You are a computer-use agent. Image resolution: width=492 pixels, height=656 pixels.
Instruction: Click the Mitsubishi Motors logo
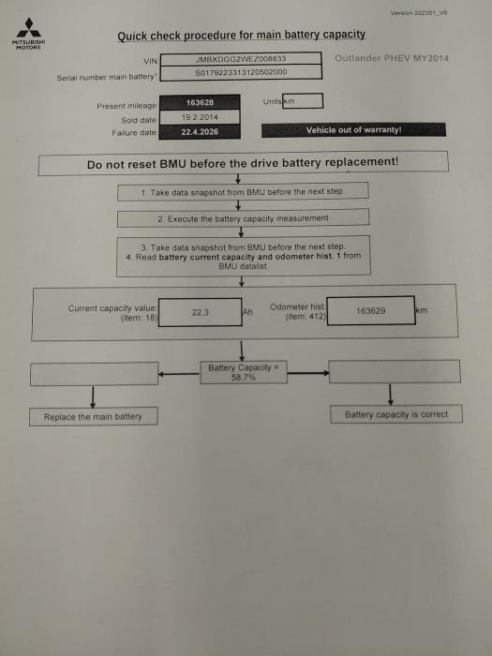click(x=28, y=34)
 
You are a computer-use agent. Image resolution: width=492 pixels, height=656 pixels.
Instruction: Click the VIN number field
click(x=241, y=59)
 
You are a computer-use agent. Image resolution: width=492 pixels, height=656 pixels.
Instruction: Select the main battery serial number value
click(x=241, y=72)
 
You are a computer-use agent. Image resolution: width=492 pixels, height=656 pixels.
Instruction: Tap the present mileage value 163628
click(x=200, y=102)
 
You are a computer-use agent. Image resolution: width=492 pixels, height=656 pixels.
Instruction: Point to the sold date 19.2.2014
click(x=200, y=117)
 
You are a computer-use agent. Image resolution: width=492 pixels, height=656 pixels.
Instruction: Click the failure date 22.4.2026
click(x=200, y=132)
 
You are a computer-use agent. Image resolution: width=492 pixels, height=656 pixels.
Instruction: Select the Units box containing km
click(x=303, y=101)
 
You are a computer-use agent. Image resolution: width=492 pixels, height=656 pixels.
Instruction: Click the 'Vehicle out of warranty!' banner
click(x=353, y=130)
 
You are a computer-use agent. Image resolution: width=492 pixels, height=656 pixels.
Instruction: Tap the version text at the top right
click(x=419, y=13)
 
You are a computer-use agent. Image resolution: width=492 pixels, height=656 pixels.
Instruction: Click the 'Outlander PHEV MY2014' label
click(x=392, y=58)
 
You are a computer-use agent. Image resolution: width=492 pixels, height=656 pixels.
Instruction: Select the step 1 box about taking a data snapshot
click(x=243, y=192)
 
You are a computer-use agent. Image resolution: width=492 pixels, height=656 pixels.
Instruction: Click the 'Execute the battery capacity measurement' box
click(x=243, y=218)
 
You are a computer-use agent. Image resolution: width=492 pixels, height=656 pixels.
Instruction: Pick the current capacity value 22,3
click(x=200, y=312)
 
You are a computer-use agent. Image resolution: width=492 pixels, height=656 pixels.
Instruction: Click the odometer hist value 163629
click(x=371, y=311)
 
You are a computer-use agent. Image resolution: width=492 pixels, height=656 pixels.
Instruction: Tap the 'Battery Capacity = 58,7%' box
click(x=244, y=372)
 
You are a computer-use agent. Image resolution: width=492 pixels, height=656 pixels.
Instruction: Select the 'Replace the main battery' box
click(x=94, y=417)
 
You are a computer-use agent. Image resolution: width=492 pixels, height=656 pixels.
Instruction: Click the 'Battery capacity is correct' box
click(x=396, y=414)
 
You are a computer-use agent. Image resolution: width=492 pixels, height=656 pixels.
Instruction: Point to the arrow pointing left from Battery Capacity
click(x=179, y=374)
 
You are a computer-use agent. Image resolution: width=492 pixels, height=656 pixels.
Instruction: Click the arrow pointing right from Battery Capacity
click(x=308, y=373)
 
